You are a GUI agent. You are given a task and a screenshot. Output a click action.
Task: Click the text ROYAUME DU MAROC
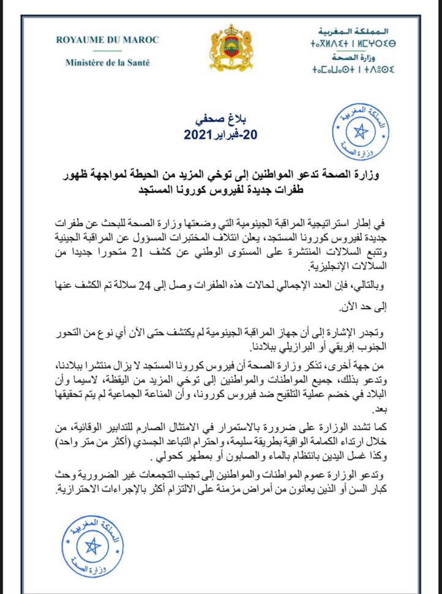107,40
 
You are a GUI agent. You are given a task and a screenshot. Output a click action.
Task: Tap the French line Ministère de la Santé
107,62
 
